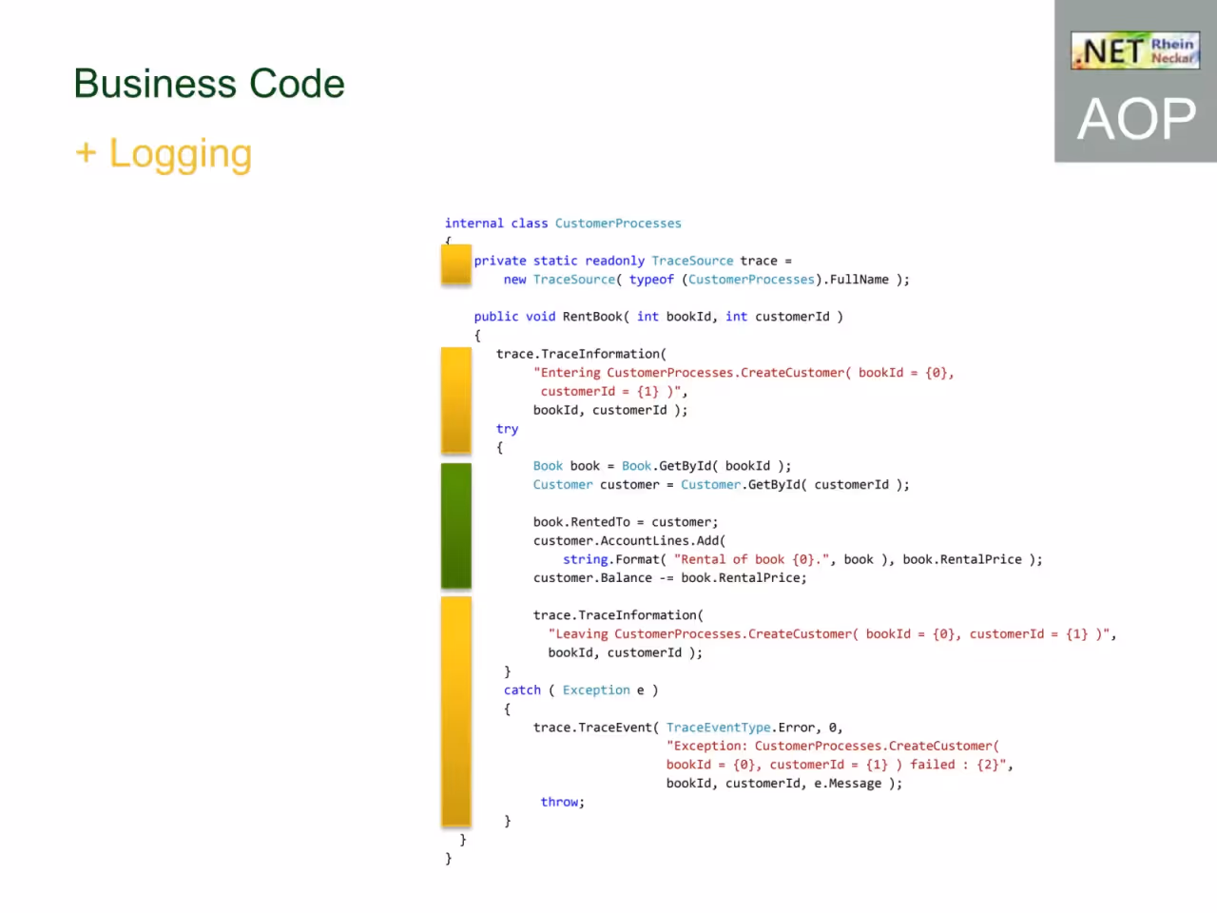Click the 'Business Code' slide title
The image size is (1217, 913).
209,84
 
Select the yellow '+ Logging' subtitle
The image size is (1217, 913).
164,154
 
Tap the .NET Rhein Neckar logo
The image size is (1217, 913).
1135,50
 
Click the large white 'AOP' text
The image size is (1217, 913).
1136,118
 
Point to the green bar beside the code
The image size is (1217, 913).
456,525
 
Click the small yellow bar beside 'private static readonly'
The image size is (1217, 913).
456,264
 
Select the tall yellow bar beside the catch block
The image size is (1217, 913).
456,711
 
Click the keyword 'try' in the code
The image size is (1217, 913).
507,429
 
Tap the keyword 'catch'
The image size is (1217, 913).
522,690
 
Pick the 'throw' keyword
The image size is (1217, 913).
559,802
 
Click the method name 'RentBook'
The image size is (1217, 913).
592,317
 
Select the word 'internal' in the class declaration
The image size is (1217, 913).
474,223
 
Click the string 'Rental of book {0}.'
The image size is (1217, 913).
751,559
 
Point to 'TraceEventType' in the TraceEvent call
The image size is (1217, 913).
718,728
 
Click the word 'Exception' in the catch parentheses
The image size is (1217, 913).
596,690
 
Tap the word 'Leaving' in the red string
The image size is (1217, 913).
578,634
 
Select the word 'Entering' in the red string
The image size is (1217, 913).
567,373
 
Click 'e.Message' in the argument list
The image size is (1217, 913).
847,784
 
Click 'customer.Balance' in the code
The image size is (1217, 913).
592,578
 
